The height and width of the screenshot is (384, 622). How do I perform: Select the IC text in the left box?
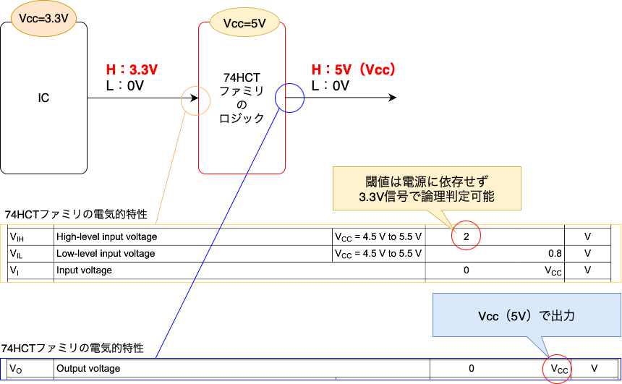coord(43,98)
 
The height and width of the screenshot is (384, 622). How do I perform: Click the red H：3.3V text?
coord(132,70)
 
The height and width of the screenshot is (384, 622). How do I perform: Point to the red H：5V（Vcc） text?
coord(352,70)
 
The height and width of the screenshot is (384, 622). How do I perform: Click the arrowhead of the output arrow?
coord(392,98)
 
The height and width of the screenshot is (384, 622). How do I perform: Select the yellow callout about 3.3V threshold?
coord(426,187)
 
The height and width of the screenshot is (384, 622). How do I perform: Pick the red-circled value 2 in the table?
coord(466,236)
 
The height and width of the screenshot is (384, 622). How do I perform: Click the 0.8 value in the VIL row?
coord(554,254)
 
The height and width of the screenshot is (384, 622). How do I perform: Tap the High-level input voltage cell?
coord(107,236)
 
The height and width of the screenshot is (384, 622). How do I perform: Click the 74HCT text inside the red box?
coord(242,77)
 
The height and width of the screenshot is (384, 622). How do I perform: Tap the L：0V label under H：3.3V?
coord(125,85)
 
